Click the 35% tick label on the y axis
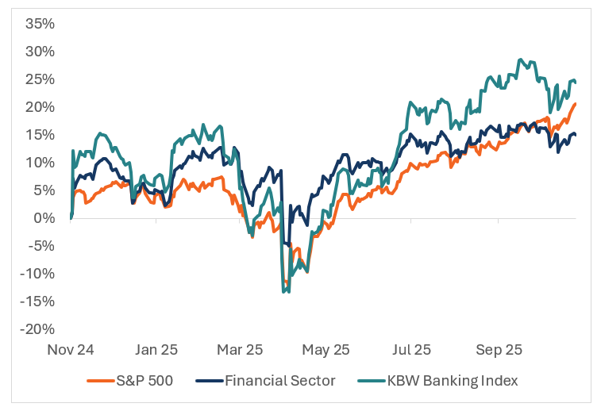pyautogui.click(x=39, y=24)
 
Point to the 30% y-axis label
pyautogui.click(x=39, y=52)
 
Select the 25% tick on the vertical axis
pyautogui.click(x=39, y=79)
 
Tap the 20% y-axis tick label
pyautogui.click(x=39, y=107)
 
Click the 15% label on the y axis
pyautogui.click(x=39, y=135)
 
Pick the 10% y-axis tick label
pyautogui.click(x=39, y=163)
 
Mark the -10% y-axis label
pyautogui.click(x=37, y=274)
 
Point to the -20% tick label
pyautogui.click(x=37, y=329)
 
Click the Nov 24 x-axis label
pyautogui.click(x=71, y=349)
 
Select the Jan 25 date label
pyautogui.click(x=156, y=349)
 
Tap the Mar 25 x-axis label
pyautogui.click(x=241, y=349)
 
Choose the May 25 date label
pyautogui.click(x=327, y=349)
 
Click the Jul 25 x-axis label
pyautogui.click(x=412, y=349)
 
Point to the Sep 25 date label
pyautogui.click(x=498, y=349)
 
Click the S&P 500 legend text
pyautogui.click(x=144, y=381)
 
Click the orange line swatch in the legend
pyautogui.click(x=98, y=382)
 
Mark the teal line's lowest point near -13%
pyautogui.click(x=283, y=292)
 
